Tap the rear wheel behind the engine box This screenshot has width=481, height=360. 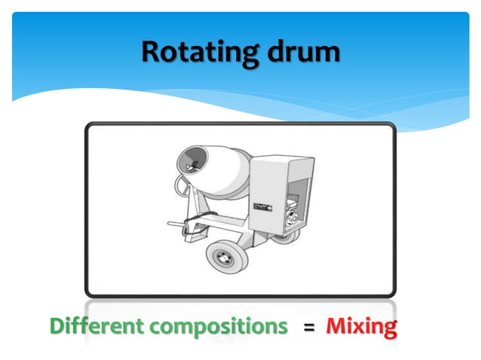click(x=284, y=233)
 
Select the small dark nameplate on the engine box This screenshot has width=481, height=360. click(x=262, y=203)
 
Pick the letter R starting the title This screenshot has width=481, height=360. click(x=150, y=52)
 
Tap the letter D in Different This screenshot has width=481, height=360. click(x=58, y=327)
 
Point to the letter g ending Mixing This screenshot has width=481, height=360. click(x=388, y=330)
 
